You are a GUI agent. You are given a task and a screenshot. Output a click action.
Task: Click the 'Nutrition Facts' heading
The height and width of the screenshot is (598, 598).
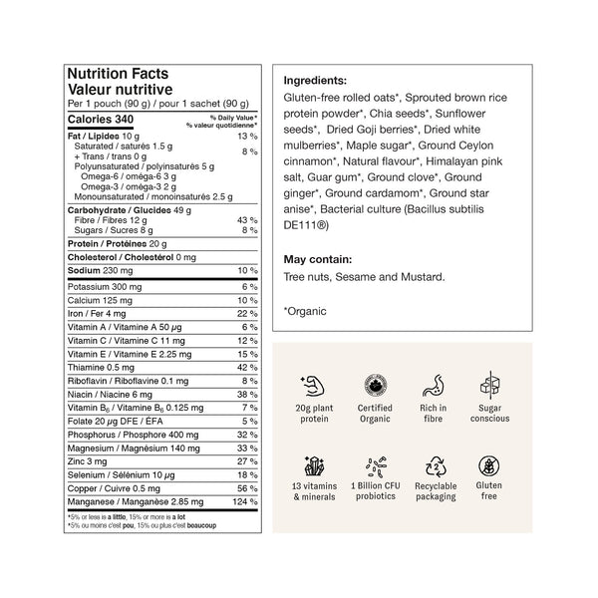[117, 74]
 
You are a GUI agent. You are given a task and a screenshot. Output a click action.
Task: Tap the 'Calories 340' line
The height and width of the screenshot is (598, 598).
[99, 120]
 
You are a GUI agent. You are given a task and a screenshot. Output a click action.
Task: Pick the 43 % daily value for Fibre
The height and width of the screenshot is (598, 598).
[247, 220]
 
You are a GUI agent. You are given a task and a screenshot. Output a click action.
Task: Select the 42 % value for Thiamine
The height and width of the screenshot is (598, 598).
[247, 367]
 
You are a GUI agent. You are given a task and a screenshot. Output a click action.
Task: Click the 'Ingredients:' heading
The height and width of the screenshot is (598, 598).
[315, 80]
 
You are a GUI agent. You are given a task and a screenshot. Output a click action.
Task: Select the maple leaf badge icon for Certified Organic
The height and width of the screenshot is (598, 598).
[374, 384]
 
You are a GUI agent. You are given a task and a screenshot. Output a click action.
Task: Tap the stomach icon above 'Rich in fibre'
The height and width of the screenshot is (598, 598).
[433, 384]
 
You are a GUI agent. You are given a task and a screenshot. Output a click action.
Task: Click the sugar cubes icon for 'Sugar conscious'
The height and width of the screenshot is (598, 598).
[490, 384]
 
